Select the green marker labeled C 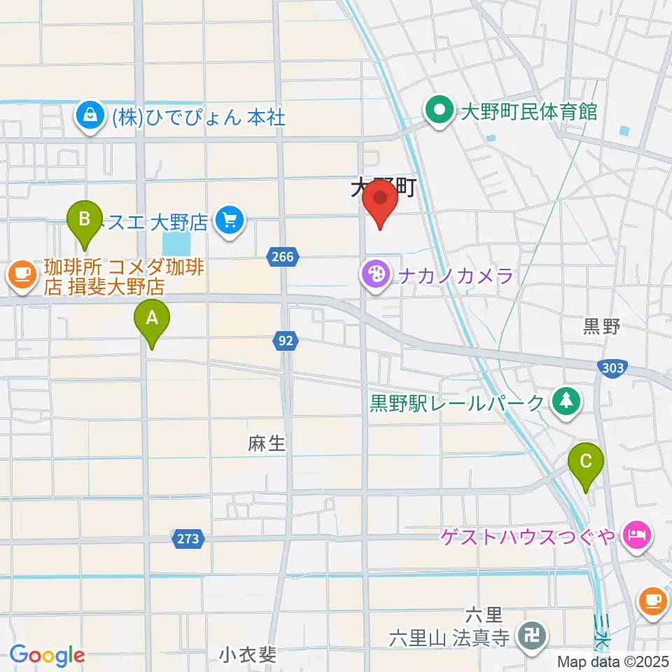(x=586, y=463)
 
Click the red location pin (x=381, y=200)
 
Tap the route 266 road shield (x=281, y=258)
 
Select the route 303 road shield (x=612, y=367)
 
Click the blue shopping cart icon (x=228, y=221)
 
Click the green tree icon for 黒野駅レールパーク (x=566, y=401)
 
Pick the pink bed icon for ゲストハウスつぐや (x=637, y=536)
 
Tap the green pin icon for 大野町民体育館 (x=440, y=111)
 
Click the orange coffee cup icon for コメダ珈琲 (x=22, y=274)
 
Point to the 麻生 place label (x=267, y=443)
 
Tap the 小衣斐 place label (x=248, y=655)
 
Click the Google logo (x=46, y=655)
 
